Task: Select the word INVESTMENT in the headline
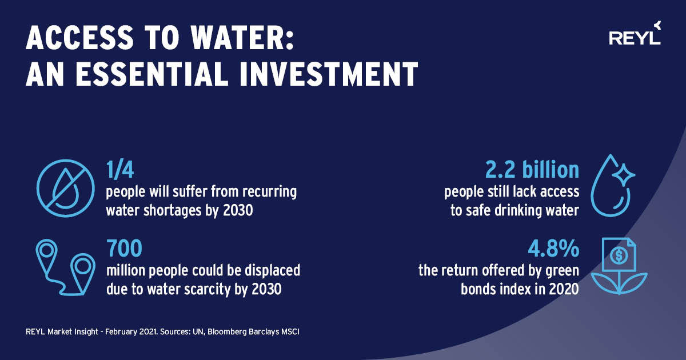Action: point(329,74)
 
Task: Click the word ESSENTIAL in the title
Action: point(152,74)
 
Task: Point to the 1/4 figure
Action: point(120,170)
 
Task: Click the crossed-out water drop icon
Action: point(66,188)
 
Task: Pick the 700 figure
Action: point(125,248)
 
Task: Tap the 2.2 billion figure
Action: point(532,170)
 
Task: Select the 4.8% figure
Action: point(553,248)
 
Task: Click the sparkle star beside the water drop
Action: point(624,175)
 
